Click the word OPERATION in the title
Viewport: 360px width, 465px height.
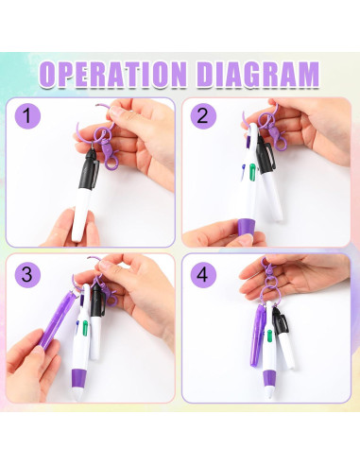pyautogui.click(x=120, y=74)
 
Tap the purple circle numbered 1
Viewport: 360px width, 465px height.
pyautogui.click(x=29, y=118)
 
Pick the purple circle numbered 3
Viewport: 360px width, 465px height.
pyautogui.click(x=29, y=274)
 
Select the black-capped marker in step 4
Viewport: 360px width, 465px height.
pyautogui.click(x=283, y=340)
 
